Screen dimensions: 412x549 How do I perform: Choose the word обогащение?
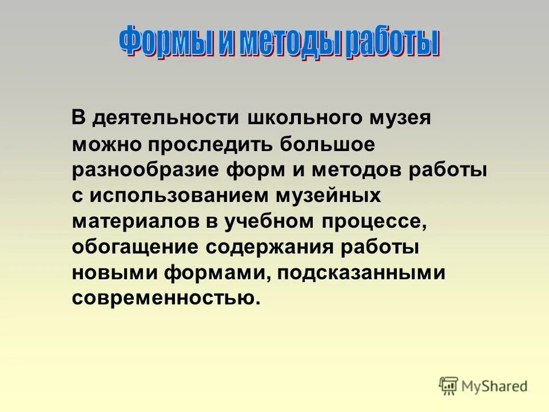136,248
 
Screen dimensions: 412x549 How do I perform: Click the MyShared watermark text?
495,386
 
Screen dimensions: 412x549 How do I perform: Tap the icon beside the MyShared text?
448,385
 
